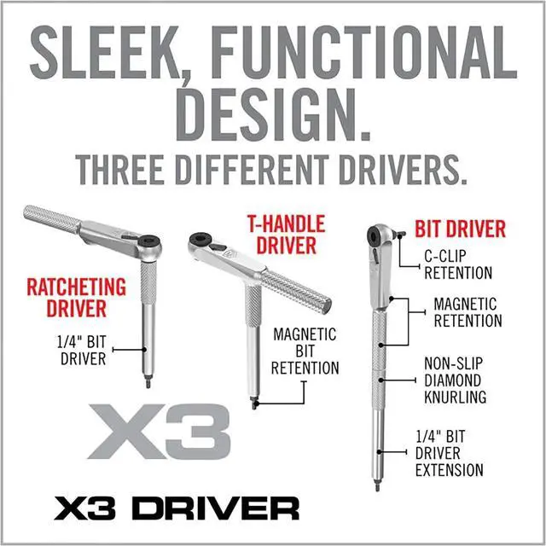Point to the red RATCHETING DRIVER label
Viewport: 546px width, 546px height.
[77, 297]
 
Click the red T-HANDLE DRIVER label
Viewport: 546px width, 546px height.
[287, 235]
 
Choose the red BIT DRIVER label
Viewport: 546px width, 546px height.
[461, 229]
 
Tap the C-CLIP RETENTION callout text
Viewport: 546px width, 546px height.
[458, 264]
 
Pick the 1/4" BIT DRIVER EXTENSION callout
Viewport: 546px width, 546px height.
[449, 453]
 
